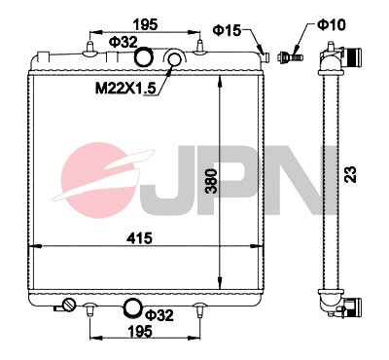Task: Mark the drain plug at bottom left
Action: coord(69,308)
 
